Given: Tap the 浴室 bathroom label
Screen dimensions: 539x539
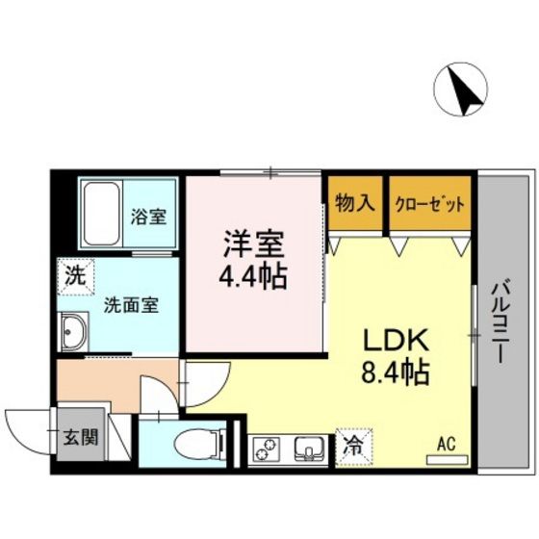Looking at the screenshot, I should [148, 216].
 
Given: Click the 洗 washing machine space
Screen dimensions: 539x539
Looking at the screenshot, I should [73, 274].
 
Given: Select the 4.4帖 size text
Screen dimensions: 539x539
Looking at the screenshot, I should [254, 277].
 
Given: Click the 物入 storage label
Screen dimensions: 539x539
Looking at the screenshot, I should [354, 204].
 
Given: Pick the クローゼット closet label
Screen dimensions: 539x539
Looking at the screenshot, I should [430, 204].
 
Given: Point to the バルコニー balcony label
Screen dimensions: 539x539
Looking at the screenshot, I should [501, 321].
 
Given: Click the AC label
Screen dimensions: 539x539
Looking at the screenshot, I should [446, 444].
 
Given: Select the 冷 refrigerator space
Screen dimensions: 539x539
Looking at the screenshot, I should [354, 446].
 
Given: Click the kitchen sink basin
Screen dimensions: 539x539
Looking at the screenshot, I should [308, 449].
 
